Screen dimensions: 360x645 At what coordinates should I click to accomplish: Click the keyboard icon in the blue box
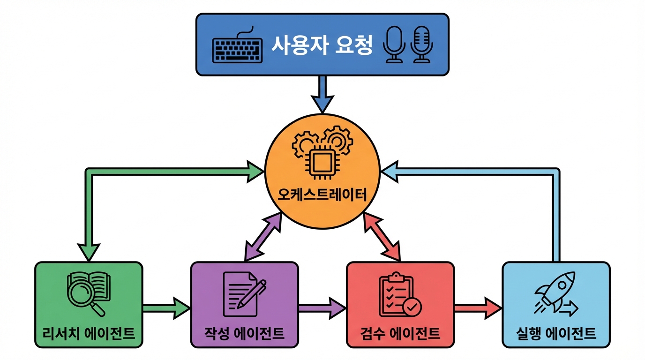(x=237, y=47)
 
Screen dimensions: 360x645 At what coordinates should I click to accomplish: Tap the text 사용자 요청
(x=322, y=46)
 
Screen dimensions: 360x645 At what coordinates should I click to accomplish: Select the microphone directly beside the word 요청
(x=393, y=45)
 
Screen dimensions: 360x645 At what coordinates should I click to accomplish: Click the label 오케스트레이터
(x=322, y=194)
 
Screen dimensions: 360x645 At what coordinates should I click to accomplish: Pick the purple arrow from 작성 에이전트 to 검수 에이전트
(x=322, y=307)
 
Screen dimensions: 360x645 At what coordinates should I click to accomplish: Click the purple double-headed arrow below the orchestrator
(x=263, y=236)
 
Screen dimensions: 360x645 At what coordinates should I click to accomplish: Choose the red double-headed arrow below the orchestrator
(x=382, y=236)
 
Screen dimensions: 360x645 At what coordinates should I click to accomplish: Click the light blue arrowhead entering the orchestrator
(x=390, y=172)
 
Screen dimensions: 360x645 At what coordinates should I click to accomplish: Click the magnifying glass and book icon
(x=88, y=293)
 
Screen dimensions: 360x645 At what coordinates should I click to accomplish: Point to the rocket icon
(x=556, y=293)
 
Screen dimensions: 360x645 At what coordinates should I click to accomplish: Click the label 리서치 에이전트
(x=89, y=333)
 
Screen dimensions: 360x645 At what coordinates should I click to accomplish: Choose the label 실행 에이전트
(x=556, y=333)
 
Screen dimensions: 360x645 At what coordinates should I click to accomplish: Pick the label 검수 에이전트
(x=400, y=333)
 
